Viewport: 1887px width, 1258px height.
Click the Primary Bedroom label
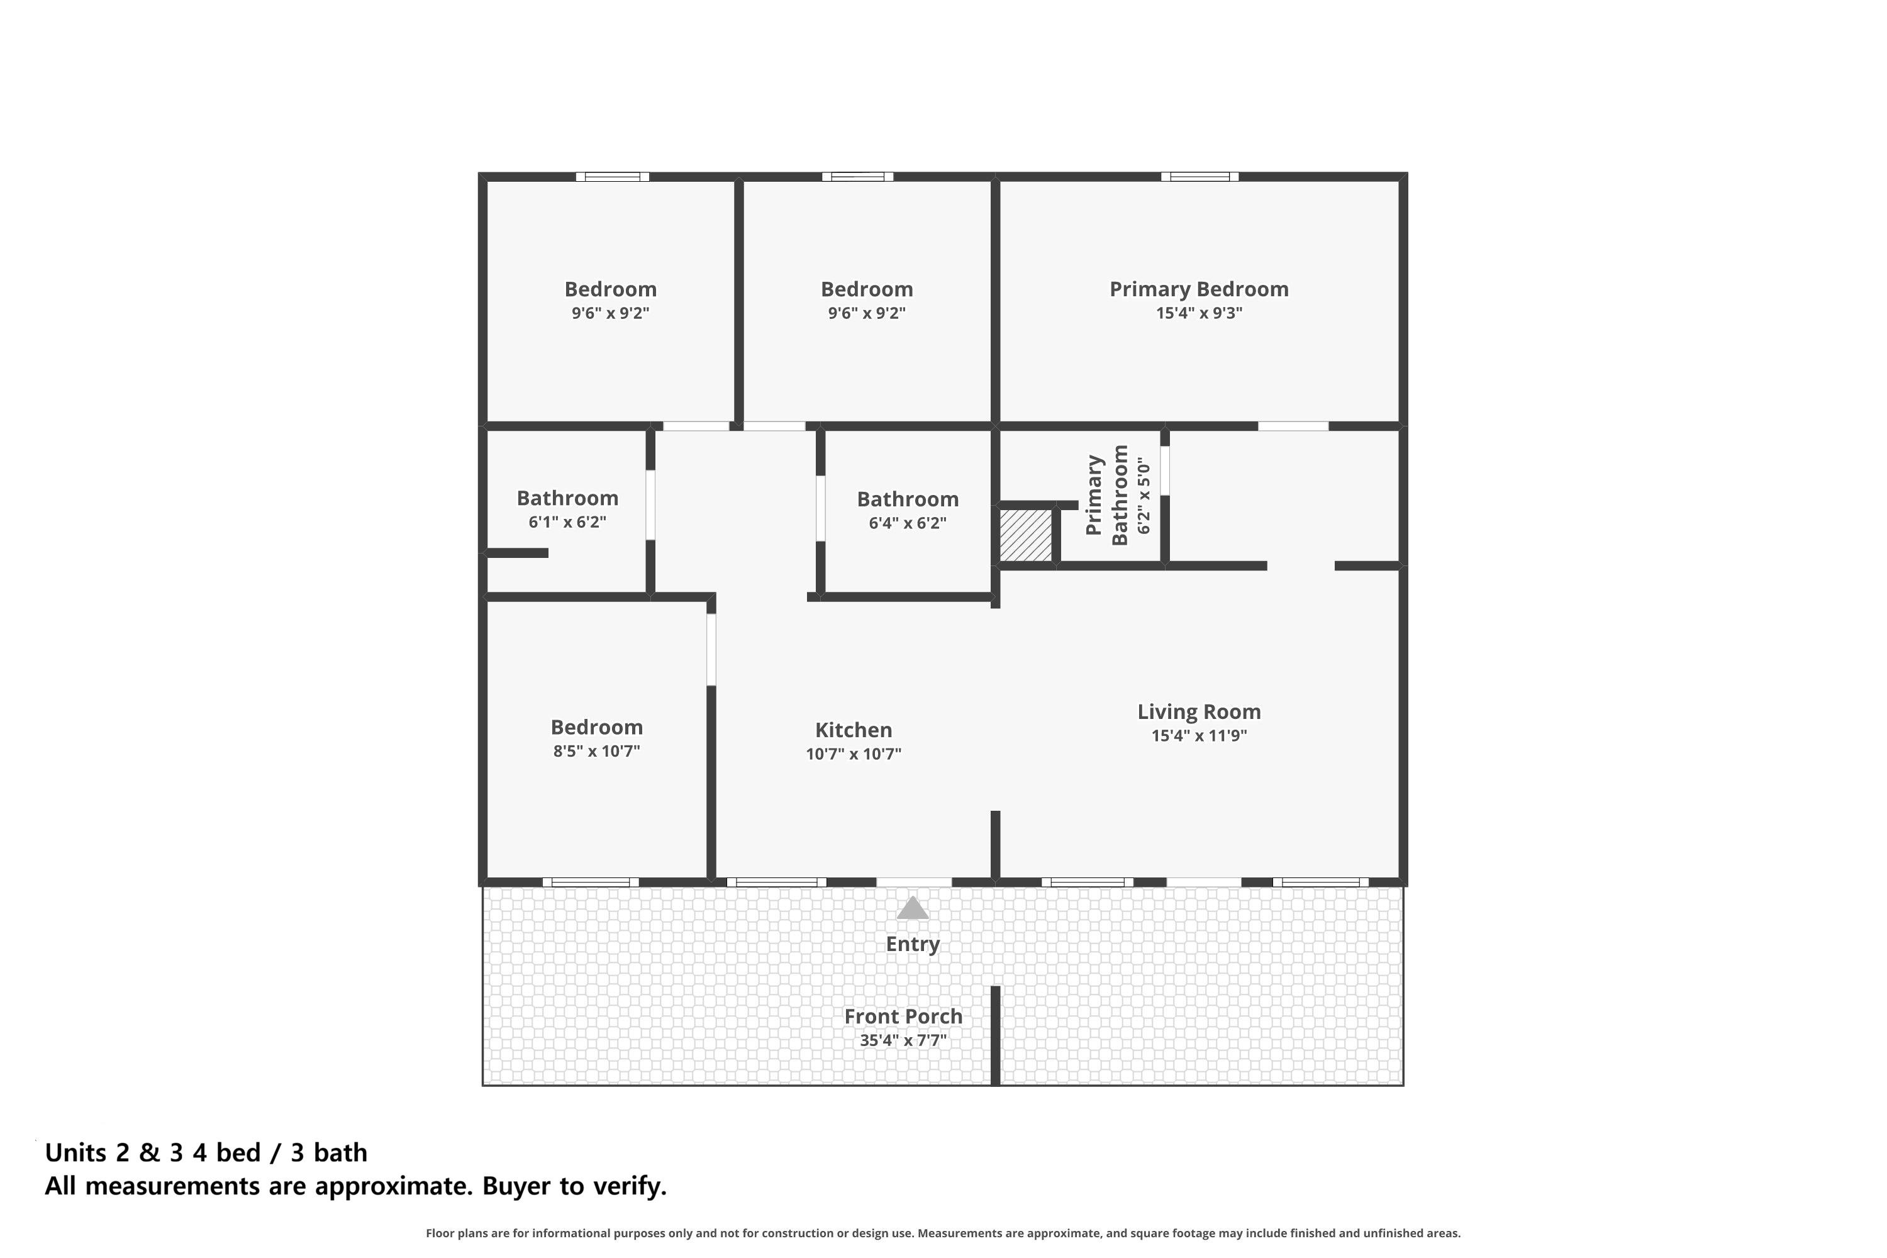click(1199, 289)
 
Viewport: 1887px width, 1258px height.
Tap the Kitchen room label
click(854, 730)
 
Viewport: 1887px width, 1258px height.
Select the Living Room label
click(1199, 711)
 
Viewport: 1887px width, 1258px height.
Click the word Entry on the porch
click(912, 944)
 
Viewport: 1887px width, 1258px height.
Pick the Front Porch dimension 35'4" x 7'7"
click(903, 1040)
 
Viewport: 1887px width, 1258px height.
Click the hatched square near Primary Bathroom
click(1025, 536)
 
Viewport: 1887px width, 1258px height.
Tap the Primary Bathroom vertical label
click(1107, 495)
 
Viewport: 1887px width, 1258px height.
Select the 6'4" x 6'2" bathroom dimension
click(908, 523)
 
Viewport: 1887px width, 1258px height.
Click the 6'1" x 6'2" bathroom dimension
click(567, 522)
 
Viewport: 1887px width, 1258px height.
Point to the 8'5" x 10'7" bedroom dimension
click(596, 752)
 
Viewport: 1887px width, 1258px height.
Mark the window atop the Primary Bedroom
click(1200, 177)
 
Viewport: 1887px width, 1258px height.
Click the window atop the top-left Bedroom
click(612, 177)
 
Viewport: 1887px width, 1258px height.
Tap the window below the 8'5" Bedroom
click(591, 882)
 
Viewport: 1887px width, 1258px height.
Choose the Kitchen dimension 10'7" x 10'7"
click(854, 754)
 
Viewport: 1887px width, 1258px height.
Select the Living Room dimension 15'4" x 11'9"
click(1199, 736)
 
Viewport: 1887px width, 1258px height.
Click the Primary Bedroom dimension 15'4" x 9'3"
click(1199, 313)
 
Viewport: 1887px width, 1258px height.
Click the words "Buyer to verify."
click(574, 1186)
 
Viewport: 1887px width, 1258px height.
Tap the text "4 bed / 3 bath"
click(280, 1153)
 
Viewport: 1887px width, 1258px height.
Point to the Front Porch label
click(903, 1016)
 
